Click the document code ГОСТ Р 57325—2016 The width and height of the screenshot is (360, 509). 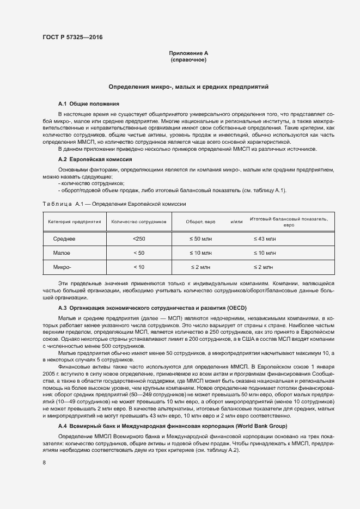tap(72, 37)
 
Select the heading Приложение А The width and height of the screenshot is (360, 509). tap(188, 53)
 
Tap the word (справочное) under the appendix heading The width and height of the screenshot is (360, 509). tap(188, 59)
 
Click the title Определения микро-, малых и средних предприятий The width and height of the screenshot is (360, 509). tap(188, 87)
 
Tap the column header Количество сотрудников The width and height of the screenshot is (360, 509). tap(138, 222)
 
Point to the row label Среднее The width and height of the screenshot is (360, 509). tap(64, 239)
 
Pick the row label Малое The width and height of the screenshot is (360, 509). tap(62, 253)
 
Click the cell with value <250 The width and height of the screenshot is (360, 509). tap(139, 239)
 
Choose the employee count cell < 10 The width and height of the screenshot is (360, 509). tap(139, 267)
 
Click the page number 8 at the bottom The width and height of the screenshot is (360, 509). tap(44, 463)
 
